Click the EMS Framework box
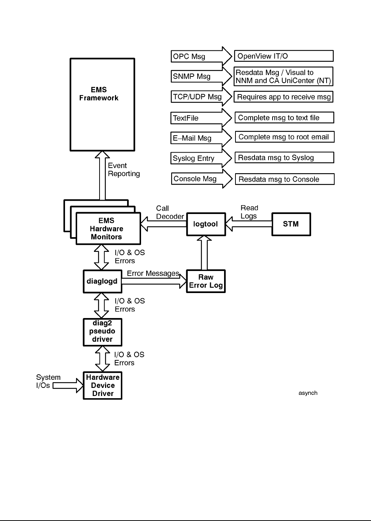click(102, 104)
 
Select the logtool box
click(206, 224)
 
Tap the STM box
click(291, 224)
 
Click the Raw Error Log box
click(206, 281)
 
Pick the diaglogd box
click(102, 281)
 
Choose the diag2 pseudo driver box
click(102, 332)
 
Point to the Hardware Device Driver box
click(102, 385)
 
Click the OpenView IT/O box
click(284, 56)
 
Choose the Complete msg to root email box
click(284, 137)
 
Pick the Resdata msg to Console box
click(284, 179)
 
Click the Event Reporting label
click(124, 169)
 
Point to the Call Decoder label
click(170, 213)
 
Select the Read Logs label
click(249, 212)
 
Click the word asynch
click(308, 393)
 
